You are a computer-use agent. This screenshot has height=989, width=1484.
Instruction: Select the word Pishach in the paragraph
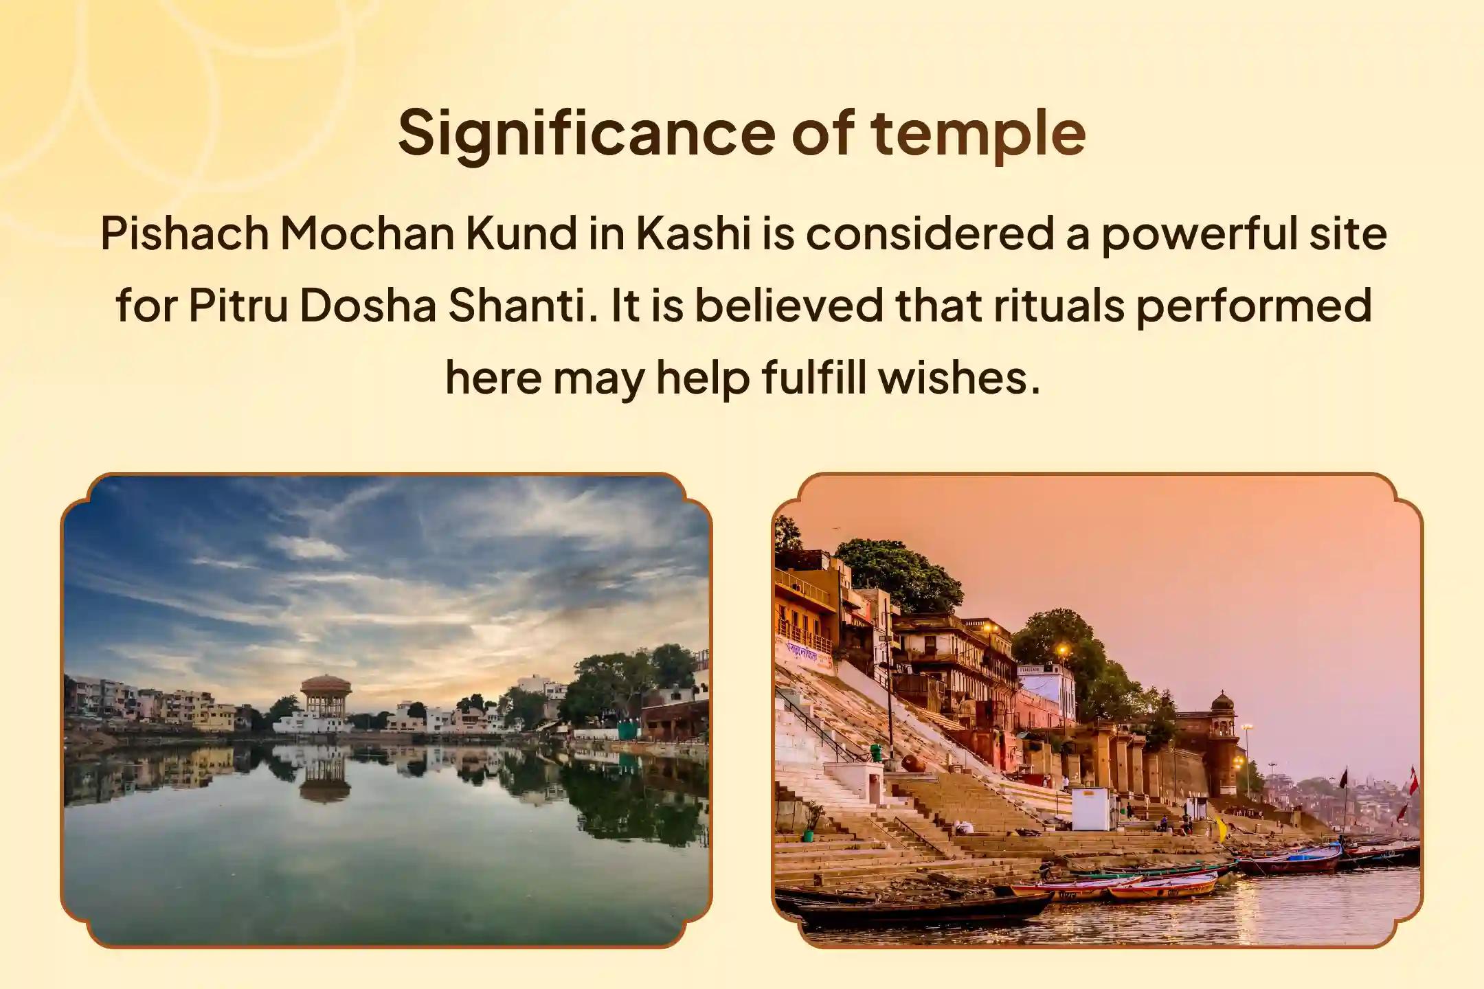[185, 234]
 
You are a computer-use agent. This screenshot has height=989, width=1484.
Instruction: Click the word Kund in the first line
[521, 234]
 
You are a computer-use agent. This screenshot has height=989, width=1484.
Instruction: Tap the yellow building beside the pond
[214, 717]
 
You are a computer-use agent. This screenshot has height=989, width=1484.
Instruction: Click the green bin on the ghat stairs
[875, 753]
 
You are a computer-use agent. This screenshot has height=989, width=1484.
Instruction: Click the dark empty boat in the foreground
[921, 908]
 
